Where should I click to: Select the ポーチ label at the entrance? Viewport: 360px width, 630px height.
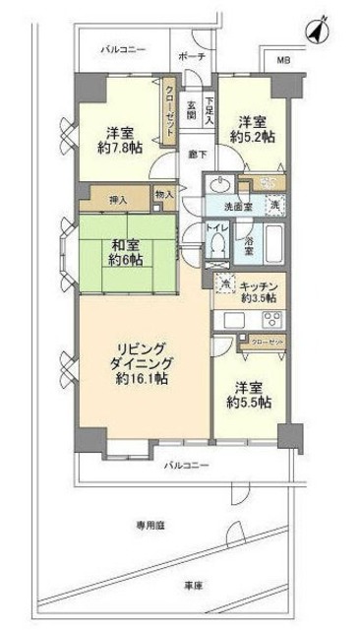193,57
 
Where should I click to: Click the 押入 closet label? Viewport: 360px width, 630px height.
116,197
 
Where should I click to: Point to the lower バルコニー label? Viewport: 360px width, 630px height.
186,463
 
